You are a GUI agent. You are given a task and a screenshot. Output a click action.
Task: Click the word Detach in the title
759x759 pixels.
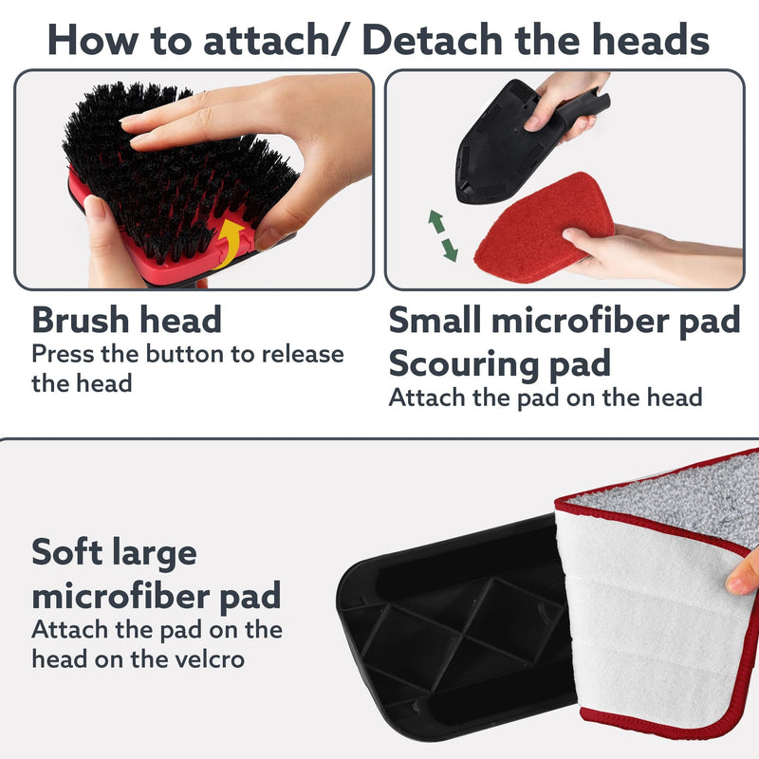click(433, 40)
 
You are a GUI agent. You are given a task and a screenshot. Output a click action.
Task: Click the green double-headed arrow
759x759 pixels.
click(442, 235)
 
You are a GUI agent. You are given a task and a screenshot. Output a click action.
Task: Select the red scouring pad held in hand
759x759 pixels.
click(542, 229)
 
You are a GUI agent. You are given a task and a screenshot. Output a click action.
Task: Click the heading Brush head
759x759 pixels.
click(127, 321)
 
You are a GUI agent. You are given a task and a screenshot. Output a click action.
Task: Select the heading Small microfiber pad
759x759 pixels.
click(565, 321)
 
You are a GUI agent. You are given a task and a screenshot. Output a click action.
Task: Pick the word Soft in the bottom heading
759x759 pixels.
click(66, 552)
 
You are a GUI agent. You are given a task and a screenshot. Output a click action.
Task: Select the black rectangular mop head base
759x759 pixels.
click(460, 629)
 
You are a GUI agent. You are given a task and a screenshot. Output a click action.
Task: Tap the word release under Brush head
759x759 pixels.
click(303, 354)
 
